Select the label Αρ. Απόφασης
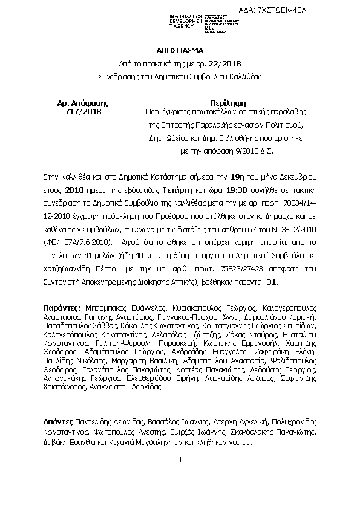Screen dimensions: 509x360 coord(82,103)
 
